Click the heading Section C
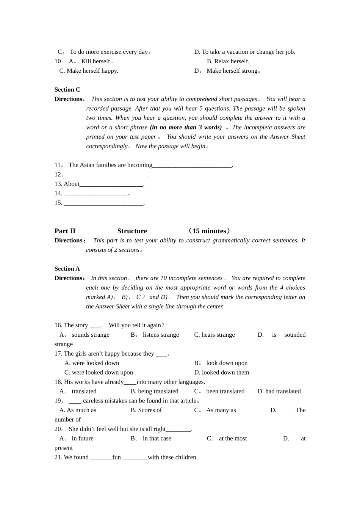[67, 90]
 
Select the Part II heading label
[65, 231]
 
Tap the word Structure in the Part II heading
[132, 231]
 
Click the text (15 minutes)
[209, 231]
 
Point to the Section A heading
[67, 269]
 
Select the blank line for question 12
[108, 175]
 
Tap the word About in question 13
[72, 184]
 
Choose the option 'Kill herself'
[95, 61]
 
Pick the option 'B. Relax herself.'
[228, 61]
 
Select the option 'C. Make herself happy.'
[89, 71]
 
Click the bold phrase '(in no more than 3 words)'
[186, 128]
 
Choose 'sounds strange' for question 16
[90, 335]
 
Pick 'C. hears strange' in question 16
[214, 335]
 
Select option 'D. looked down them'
[222, 373]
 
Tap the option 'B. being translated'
[154, 391]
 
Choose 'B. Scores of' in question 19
[146, 410]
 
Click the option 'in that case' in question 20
[157, 439]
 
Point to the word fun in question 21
[116, 457]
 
